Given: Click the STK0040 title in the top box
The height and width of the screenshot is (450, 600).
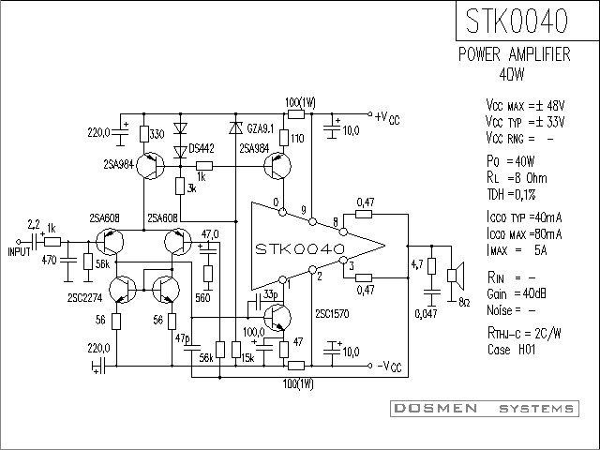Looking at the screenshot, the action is coord(517,21).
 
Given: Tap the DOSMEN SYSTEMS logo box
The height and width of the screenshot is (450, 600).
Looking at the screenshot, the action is coord(485,409).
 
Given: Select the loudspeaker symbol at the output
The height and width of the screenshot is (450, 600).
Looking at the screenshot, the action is coord(456,275).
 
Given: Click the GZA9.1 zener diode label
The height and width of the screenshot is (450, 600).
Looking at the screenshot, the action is coord(261,128).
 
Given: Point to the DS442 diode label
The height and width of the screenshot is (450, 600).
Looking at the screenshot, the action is coord(202,148).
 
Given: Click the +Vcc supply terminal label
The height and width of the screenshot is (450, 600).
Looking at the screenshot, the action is coord(387,118).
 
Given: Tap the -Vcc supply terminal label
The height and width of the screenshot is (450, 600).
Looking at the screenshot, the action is coord(390,367).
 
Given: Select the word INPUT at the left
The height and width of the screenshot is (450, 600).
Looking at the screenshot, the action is coord(19,252).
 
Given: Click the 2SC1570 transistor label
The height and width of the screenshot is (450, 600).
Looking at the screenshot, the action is coord(332,314).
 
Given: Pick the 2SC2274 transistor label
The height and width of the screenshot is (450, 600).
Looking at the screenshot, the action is coord(85,298).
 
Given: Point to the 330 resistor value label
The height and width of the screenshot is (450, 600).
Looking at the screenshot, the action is coord(157,134).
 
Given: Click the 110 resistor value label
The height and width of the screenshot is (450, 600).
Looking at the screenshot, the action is coord(297,138).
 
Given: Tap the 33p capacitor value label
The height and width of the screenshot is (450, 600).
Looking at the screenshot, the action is coord(271,293).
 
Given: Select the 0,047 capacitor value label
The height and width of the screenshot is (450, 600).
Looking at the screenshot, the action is coord(427,314).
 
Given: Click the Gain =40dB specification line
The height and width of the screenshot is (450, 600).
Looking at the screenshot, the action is coord(517,293).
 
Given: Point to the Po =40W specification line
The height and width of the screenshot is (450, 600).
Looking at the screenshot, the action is coord(510,161).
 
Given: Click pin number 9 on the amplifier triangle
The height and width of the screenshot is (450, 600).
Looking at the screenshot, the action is coord(304,210).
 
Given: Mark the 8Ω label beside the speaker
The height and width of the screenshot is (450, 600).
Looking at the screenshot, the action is coord(464,303).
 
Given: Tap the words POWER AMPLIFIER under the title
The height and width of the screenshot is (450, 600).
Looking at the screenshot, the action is coord(515,54).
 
